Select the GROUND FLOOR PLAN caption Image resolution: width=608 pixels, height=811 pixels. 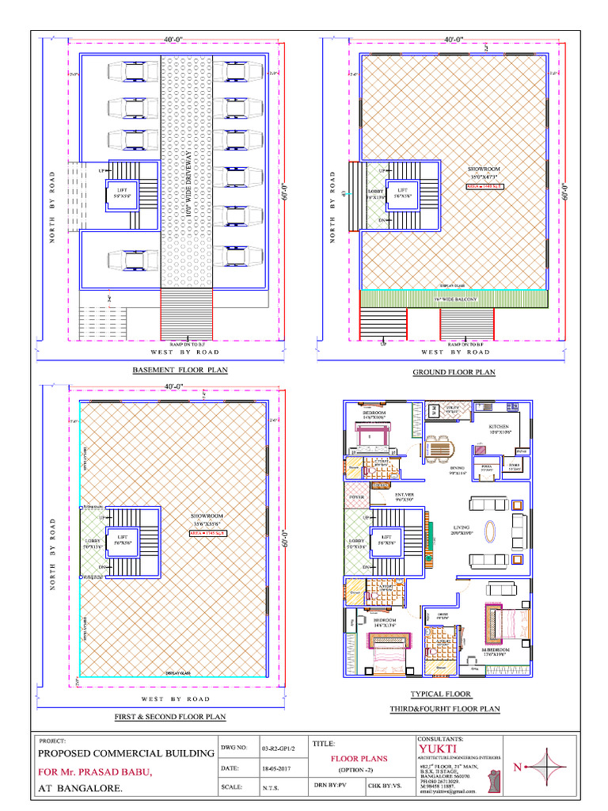tap(454, 372)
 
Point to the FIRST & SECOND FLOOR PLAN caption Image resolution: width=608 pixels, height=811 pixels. tap(170, 717)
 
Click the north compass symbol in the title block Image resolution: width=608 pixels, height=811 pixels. tap(546, 767)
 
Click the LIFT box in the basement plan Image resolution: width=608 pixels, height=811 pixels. tap(122, 194)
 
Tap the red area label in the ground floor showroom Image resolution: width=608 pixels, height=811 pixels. tap(484, 186)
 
